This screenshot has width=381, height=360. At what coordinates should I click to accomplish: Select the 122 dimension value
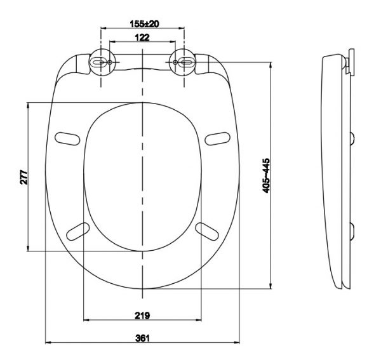pyautogui.click(x=142, y=38)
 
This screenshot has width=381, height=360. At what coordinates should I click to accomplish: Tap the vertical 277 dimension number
pyautogui.click(x=23, y=177)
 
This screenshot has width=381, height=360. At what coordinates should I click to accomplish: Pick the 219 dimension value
pyautogui.click(x=143, y=315)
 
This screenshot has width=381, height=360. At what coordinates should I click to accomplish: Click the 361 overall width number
pyautogui.click(x=143, y=338)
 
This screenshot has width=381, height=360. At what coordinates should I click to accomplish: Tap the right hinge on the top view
pyautogui.click(x=184, y=62)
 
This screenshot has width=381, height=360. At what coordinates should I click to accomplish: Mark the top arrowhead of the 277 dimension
pyautogui.click(x=29, y=105)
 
